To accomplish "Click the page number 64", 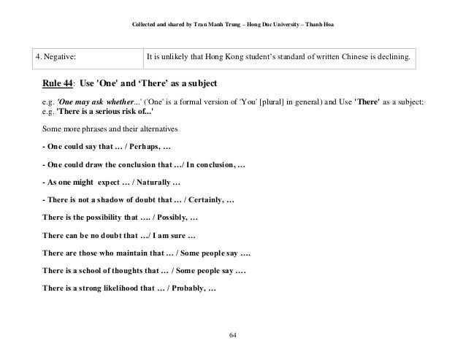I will click(233, 336).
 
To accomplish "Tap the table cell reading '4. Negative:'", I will click(58, 55).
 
